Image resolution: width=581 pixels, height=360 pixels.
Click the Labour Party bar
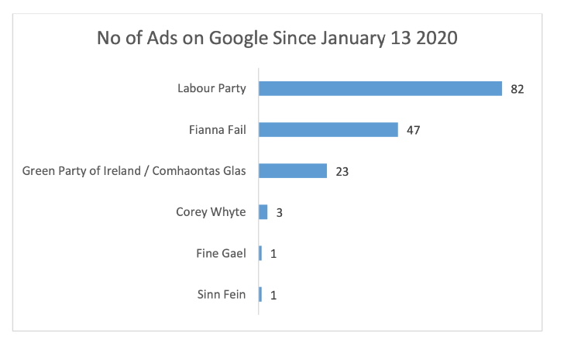[x=380, y=88]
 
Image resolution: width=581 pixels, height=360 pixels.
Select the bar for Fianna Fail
[x=328, y=129]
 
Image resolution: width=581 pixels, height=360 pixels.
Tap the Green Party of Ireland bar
[x=293, y=170]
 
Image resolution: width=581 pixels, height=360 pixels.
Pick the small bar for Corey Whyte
[x=263, y=211]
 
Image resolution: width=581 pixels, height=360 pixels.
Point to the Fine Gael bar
[x=260, y=252]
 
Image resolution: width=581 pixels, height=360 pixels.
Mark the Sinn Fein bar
[x=260, y=293]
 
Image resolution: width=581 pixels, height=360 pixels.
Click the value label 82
[x=517, y=89]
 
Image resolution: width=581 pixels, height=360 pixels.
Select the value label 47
[x=414, y=130]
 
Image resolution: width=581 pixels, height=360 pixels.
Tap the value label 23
[x=342, y=171]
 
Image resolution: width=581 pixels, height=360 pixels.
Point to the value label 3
[x=279, y=212]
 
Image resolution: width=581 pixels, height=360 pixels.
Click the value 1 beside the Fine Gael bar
[x=273, y=253]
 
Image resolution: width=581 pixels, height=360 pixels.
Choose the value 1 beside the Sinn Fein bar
[x=273, y=294]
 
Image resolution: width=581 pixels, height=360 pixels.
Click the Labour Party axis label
[x=211, y=88]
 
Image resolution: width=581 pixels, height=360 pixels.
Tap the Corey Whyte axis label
[x=211, y=211]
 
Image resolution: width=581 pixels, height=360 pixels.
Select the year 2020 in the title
[x=435, y=38]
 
